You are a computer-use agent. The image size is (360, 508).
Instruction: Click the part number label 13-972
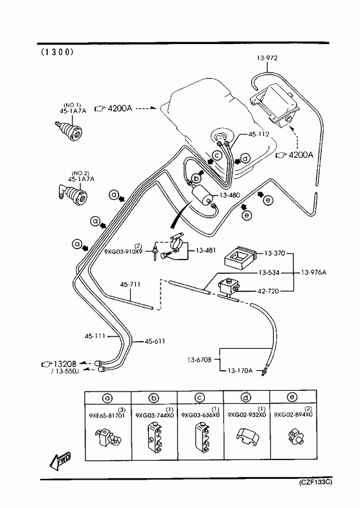pos(267,58)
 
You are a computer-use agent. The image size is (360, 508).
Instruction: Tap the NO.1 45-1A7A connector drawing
pos(68,130)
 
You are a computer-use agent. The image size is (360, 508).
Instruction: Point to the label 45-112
pos(258,135)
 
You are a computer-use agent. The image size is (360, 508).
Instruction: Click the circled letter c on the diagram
pos(217,156)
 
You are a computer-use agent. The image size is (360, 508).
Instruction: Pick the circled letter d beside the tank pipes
pos(246,159)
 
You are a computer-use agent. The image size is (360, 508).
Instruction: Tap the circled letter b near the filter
pos(196,178)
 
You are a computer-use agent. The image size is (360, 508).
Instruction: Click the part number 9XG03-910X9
pos(123,251)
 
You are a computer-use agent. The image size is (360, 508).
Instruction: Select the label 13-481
pos(206,250)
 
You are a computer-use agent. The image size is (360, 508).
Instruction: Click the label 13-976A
pos(313,272)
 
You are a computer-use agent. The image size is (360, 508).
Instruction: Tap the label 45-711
pos(130,285)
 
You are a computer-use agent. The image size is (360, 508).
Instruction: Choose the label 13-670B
pos(199,360)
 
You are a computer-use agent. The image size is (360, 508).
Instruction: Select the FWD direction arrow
pos(60,460)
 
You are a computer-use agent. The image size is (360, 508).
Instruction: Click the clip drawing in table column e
pos(295,436)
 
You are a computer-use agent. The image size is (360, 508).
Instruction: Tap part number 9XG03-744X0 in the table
pos(155,415)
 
